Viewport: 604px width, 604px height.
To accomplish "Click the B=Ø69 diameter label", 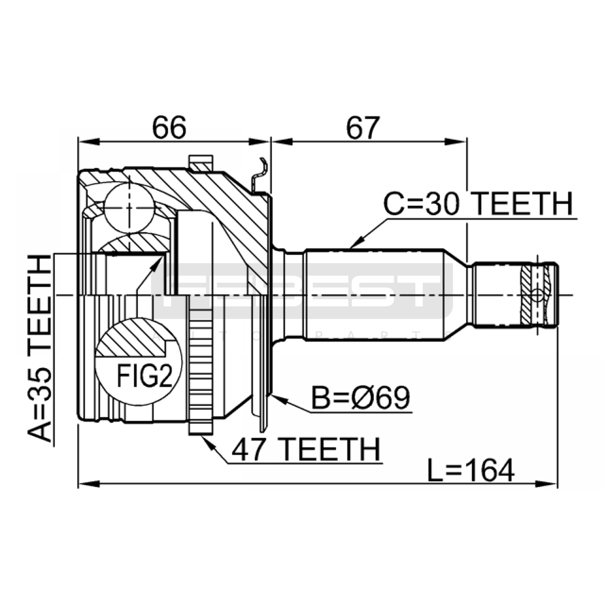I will (x=361, y=398).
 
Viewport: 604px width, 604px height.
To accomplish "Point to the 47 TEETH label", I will (x=306, y=450).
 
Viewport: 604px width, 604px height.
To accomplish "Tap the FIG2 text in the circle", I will (x=145, y=376).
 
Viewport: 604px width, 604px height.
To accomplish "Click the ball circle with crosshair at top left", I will (x=129, y=207).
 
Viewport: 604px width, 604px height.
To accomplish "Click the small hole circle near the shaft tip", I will (x=537, y=295).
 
